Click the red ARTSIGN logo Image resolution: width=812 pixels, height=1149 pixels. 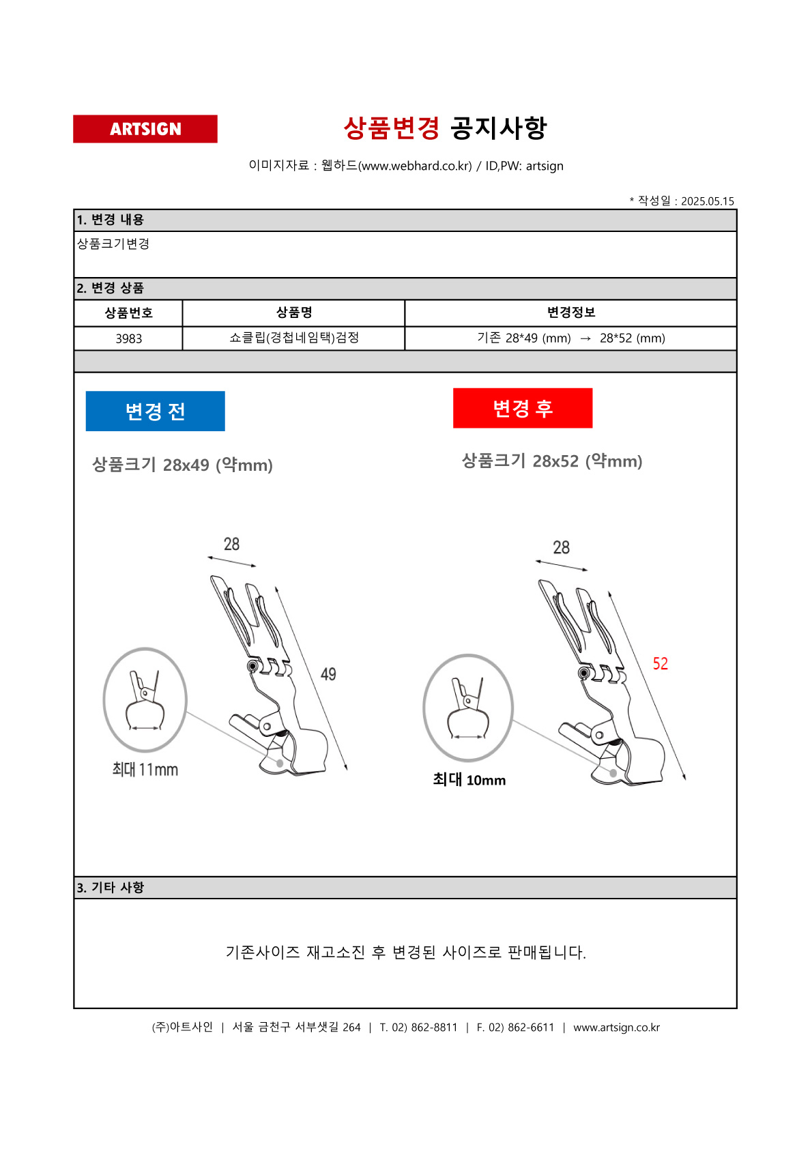tap(145, 129)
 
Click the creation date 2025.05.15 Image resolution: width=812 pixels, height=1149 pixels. tap(708, 201)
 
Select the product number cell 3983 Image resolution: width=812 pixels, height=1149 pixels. tap(128, 338)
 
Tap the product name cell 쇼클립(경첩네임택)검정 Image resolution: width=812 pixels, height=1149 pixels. tap(294, 338)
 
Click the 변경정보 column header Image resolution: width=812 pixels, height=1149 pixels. tap(570, 312)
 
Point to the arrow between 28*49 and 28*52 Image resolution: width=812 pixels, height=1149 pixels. tap(585, 338)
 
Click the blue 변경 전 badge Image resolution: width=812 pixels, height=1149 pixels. tap(155, 411)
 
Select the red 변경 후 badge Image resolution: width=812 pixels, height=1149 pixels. tap(523, 408)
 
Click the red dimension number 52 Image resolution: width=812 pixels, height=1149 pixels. tap(660, 664)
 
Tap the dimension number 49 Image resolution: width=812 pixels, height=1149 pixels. tap(328, 674)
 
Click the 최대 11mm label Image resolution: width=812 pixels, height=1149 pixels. tap(145, 770)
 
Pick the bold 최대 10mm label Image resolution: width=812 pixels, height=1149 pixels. tap(469, 780)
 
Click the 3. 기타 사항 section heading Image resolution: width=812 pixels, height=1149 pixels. tap(111, 888)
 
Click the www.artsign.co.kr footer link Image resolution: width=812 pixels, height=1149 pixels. tap(617, 1028)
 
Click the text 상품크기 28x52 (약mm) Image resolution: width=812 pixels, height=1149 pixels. tap(552, 461)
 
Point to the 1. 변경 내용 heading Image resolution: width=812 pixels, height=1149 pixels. tap(111, 220)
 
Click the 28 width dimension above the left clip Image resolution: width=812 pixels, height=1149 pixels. tap(231, 544)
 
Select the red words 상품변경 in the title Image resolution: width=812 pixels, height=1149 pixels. tap(392, 128)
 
